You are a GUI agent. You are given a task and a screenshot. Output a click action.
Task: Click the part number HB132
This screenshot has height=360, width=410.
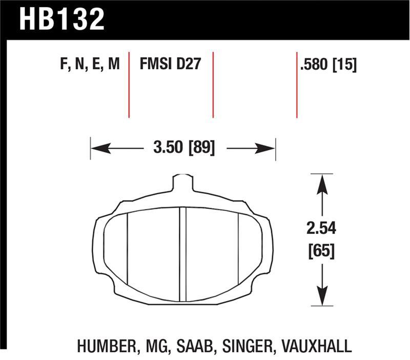click(x=62, y=19)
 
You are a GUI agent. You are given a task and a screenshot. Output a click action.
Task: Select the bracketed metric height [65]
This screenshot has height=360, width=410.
click(x=321, y=251)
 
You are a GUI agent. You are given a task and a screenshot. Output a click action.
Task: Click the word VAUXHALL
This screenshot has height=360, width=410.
click(x=319, y=345)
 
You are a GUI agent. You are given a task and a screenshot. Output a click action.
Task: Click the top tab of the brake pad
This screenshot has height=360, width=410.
click(x=182, y=183)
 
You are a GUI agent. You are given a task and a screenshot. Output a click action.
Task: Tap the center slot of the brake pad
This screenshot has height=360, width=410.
click(x=182, y=254)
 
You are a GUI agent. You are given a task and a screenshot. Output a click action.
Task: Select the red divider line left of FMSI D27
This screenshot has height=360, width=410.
click(x=129, y=85)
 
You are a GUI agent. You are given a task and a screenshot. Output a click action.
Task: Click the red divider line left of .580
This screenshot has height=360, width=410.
click(x=297, y=85)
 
